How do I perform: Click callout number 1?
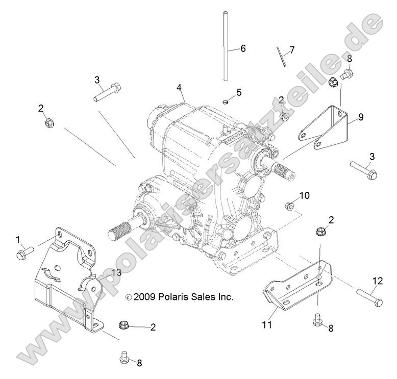(x=18, y=239)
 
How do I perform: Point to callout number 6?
(x=243, y=48)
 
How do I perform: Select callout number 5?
(x=239, y=92)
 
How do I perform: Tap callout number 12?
(x=377, y=280)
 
